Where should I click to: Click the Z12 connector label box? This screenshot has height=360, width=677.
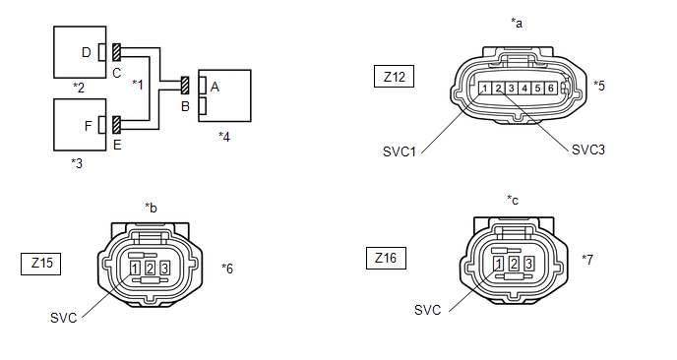[394, 77]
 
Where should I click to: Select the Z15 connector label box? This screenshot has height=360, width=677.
[41, 264]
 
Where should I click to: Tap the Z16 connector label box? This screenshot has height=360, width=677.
[386, 258]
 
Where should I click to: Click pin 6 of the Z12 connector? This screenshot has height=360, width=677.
[551, 89]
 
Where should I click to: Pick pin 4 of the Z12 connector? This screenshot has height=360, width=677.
[524, 89]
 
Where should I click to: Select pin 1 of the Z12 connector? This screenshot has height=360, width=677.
[485, 89]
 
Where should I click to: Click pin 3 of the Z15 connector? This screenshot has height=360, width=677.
[164, 269]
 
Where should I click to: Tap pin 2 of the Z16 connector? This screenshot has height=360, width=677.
[514, 263]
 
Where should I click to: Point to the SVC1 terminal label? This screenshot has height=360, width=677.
[400, 151]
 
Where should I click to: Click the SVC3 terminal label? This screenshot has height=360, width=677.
[588, 150]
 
